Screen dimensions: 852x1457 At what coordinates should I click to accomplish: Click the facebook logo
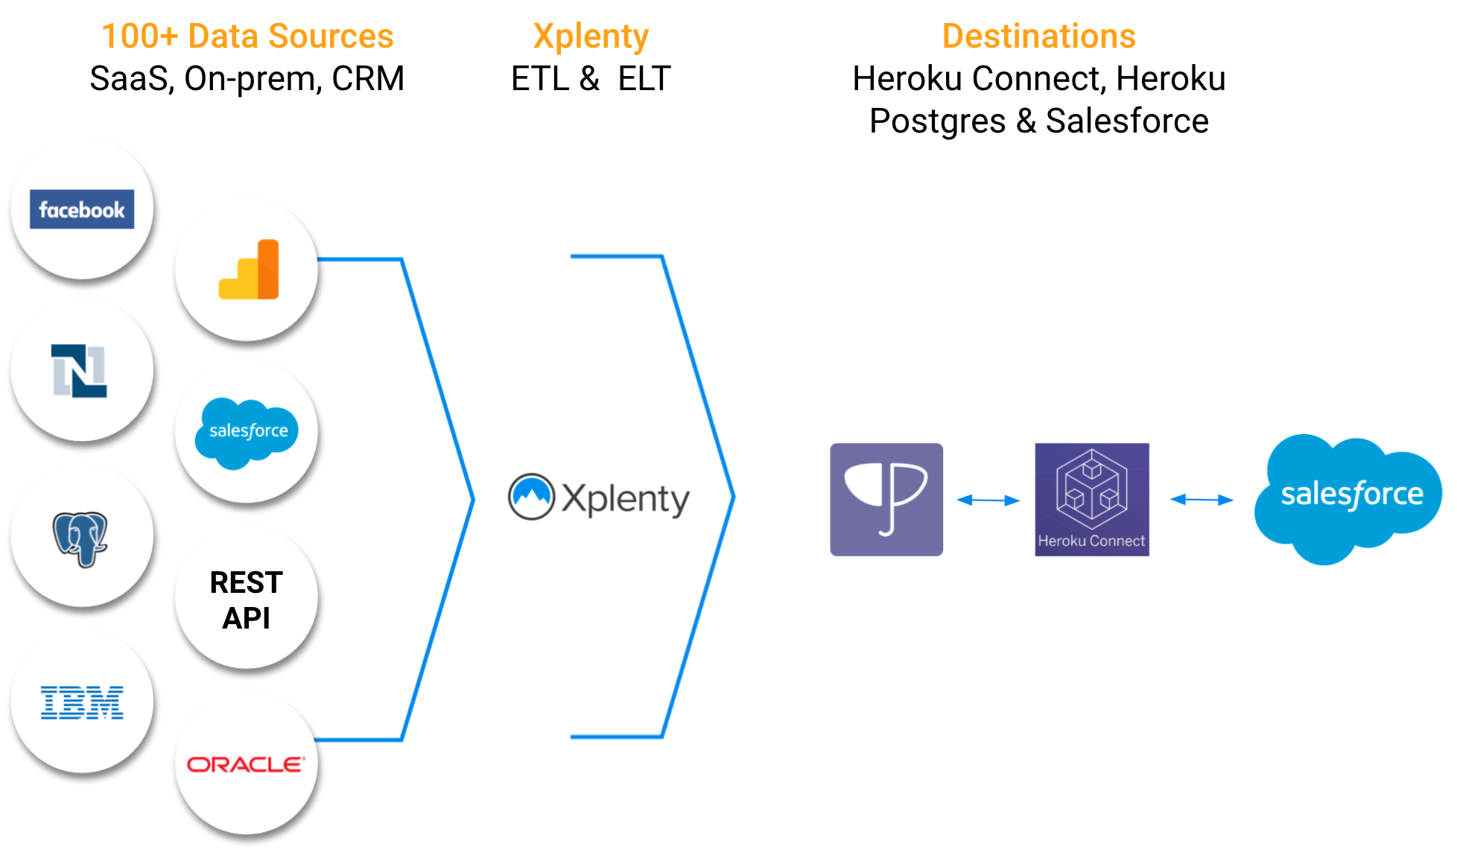click(82, 209)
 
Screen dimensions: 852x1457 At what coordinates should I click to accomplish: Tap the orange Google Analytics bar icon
click(249, 270)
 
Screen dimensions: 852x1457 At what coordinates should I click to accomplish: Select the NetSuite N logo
click(80, 371)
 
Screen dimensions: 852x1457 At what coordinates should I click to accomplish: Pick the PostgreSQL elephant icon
click(80, 538)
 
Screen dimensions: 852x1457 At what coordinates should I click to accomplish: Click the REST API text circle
click(247, 600)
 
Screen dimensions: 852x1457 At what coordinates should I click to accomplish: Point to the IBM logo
click(82, 702)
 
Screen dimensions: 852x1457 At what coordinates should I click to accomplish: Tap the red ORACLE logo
click(246, 765)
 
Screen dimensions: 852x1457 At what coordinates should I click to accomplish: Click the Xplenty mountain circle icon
click(531, 497)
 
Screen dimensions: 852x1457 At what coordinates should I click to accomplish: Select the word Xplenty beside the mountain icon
click(626, 499)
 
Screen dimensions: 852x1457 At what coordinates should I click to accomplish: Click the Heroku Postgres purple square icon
click(886, 500)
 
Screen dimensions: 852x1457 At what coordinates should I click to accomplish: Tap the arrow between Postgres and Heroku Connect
click(988, 500)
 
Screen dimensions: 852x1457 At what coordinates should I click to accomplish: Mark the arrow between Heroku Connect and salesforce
click(1202, 500)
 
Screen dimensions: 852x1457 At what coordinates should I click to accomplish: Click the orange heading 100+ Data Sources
click(247, 36)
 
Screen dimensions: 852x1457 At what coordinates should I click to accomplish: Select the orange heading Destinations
click(1038, 36)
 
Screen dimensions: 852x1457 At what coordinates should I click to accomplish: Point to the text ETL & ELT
click(591, 78)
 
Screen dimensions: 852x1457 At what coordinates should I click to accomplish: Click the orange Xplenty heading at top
click(591, 36)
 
